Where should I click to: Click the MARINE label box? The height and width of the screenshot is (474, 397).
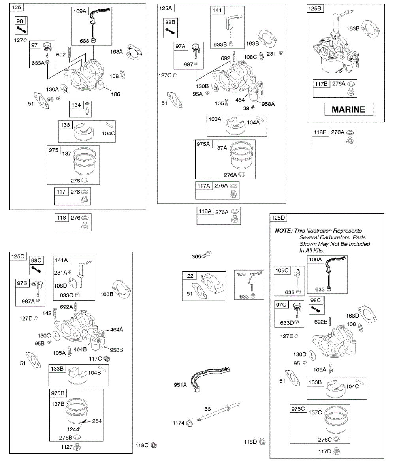pos(349,109)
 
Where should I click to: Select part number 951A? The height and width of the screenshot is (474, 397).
pos(180,385)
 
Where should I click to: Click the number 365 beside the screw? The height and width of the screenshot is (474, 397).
pos(196,256)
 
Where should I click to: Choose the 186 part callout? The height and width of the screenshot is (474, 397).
pos(116,94)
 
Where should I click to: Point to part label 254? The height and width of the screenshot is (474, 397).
pos(97,421)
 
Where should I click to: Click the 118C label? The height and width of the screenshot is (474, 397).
pos(142,445)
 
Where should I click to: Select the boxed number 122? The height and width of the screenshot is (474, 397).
pos(190,276)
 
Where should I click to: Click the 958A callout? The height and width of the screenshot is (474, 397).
pos(268,104)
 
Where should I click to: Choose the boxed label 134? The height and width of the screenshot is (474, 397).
pos(76,105)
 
